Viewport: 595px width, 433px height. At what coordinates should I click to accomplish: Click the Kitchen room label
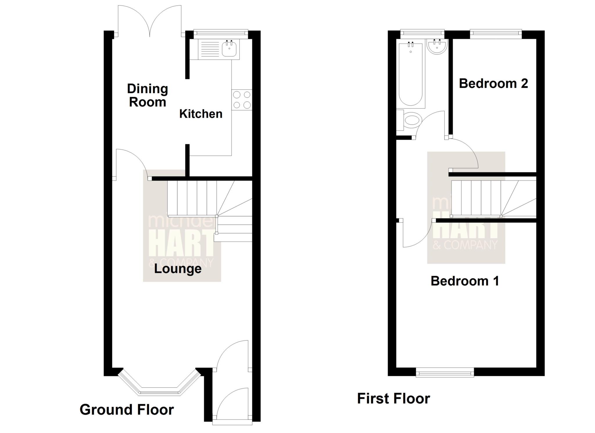(x=201, y=114)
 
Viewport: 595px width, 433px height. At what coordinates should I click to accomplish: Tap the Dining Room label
(x=148, y=95)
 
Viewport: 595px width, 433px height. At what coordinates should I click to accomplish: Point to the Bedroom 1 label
(x=465, y=281)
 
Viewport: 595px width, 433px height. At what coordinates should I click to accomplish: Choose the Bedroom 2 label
(x=493, y=83)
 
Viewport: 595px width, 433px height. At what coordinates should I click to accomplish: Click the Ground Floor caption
(x=127, y=409)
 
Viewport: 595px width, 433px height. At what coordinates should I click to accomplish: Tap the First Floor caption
(x=393, y=398)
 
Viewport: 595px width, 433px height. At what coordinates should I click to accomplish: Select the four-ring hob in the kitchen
(x=242, y=100)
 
